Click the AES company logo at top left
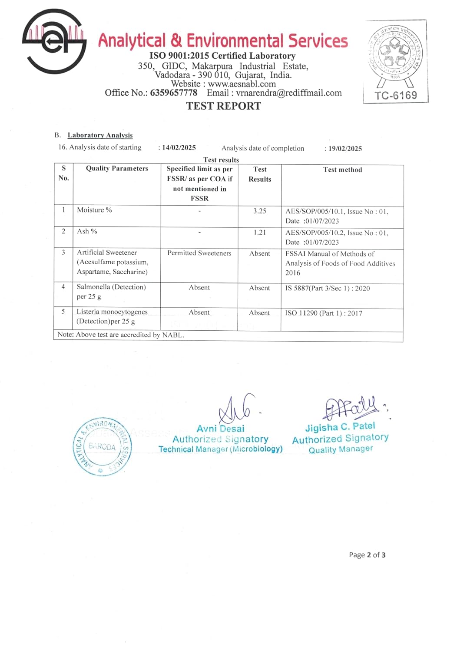tap(54, 41)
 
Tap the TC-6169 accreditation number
tap(396, 95)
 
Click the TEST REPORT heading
tap(224, 106)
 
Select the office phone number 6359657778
tap(173, 93)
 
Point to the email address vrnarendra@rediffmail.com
tap(289, 93)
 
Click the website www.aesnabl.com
tap(242, 84)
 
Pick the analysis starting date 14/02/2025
tap(179, 148)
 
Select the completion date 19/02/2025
tap(345, 149)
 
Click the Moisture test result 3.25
tap(260, 211)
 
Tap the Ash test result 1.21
tap(260, 233)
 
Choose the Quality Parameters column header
tap(117, 169)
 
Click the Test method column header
tap(342, 170)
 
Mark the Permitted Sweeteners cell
tap(199, 253)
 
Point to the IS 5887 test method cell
tap(328, 288)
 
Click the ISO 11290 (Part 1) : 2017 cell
tap(324, 313)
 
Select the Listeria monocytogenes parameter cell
tap(112, 316)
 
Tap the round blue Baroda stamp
tap(102, 447)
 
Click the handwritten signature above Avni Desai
tap(237, 409)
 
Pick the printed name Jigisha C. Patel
tap(340, 427)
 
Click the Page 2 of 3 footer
tap(367, 555)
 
